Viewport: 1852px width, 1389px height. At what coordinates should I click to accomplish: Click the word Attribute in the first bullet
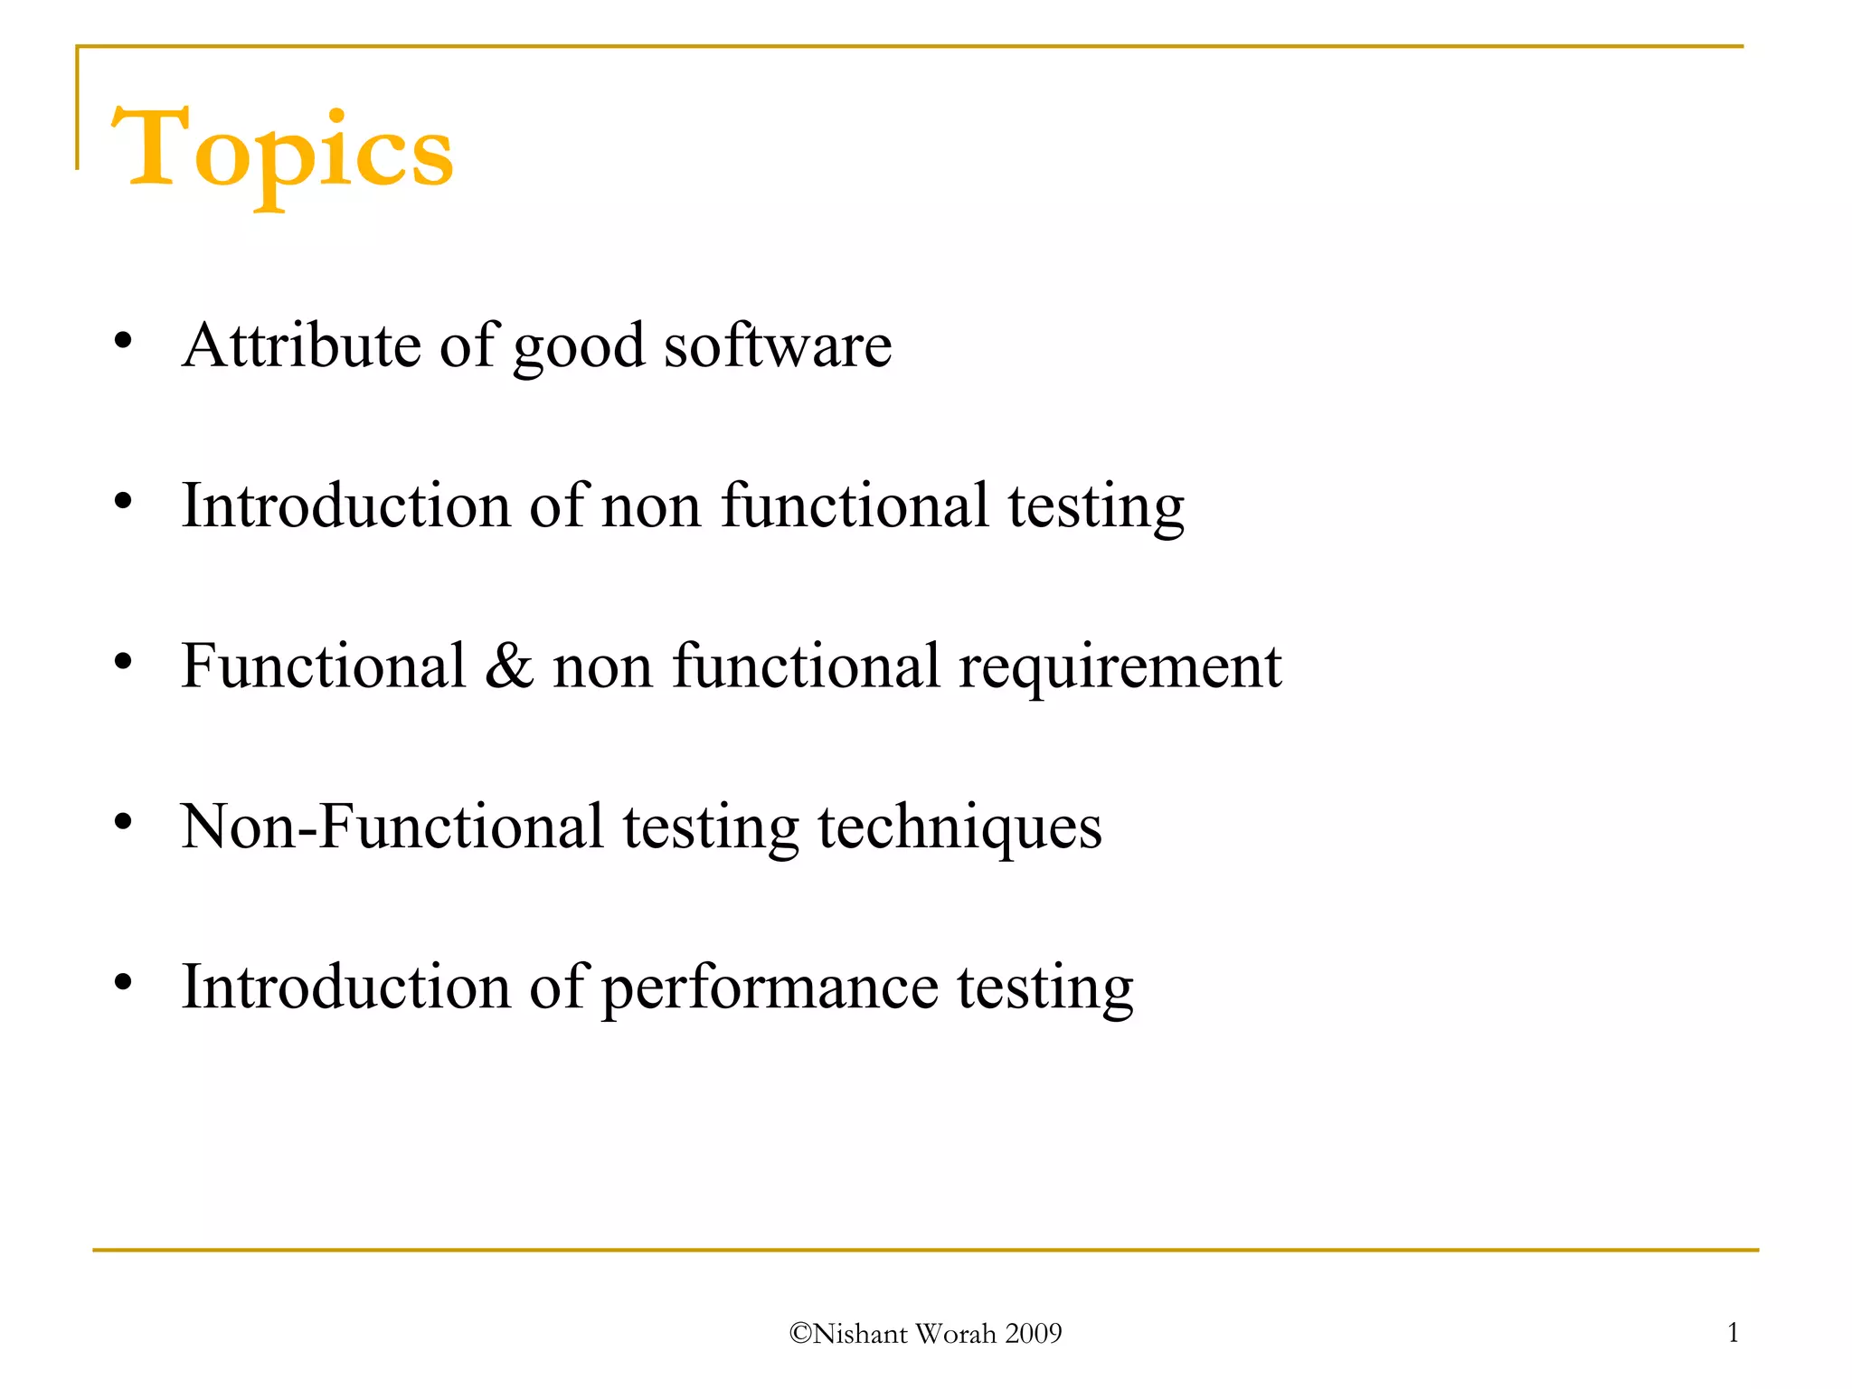point(301,345)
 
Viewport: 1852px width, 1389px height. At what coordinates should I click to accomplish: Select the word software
point(778,345)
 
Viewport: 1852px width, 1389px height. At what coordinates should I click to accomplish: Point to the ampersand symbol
point(509,666)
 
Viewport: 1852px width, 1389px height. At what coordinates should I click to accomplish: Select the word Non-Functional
point(392,827)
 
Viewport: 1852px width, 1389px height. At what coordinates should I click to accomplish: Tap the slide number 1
point(1733,1332)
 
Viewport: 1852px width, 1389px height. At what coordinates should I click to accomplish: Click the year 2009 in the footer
point(1034,1334)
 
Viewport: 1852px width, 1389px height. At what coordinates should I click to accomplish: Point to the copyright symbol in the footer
point(800,1334)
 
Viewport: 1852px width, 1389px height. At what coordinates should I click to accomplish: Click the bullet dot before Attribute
point(124,341)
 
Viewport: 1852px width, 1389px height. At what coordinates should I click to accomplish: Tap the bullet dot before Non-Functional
point(124,822)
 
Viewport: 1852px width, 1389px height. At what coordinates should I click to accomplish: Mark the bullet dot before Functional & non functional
point(124,662)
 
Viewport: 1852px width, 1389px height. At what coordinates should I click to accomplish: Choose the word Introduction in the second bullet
point(345,506)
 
